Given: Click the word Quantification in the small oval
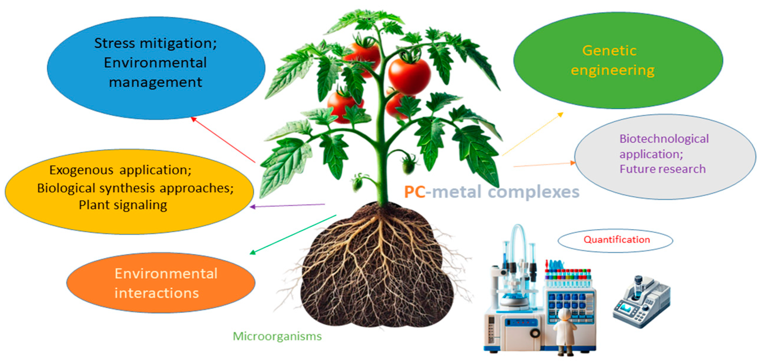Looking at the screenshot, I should point(616,240).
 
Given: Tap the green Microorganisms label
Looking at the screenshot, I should point(277,337).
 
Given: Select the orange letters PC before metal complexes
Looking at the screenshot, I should point(415,192).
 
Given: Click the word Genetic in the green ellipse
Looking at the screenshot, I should point(609,51).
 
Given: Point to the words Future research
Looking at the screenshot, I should point(662,169).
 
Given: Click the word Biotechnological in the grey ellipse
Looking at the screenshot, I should point(664,139).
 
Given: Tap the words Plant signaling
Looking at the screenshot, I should point(123,205).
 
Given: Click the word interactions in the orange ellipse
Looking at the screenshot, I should point(156,293).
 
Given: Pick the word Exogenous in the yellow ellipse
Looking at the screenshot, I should point(81,170).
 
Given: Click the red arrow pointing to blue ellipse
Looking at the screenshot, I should point(223,140).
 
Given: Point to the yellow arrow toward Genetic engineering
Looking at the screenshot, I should point(532,134).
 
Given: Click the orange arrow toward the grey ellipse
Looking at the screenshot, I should point(544,165).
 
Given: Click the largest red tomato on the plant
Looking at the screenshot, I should point(410,76).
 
